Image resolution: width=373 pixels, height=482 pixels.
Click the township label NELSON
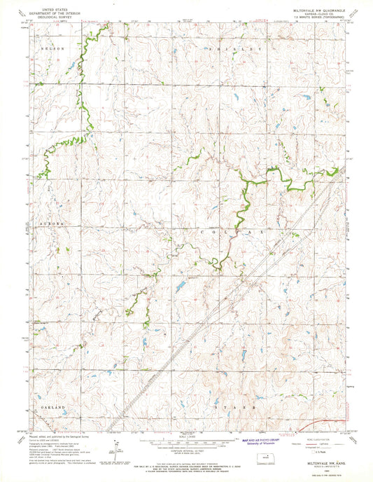tap(52, 49)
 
